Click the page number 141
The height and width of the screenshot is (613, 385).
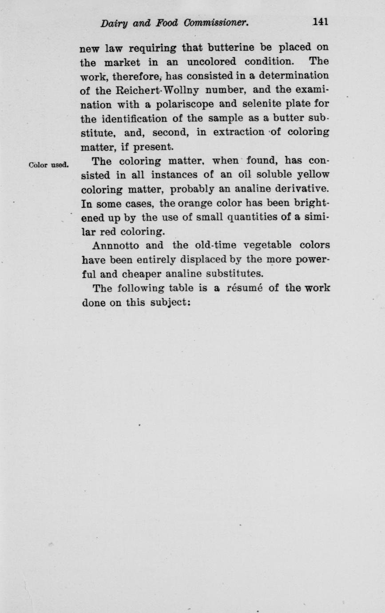(x=320, y=22)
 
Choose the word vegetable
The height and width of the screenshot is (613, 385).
(x=268, y=245)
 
